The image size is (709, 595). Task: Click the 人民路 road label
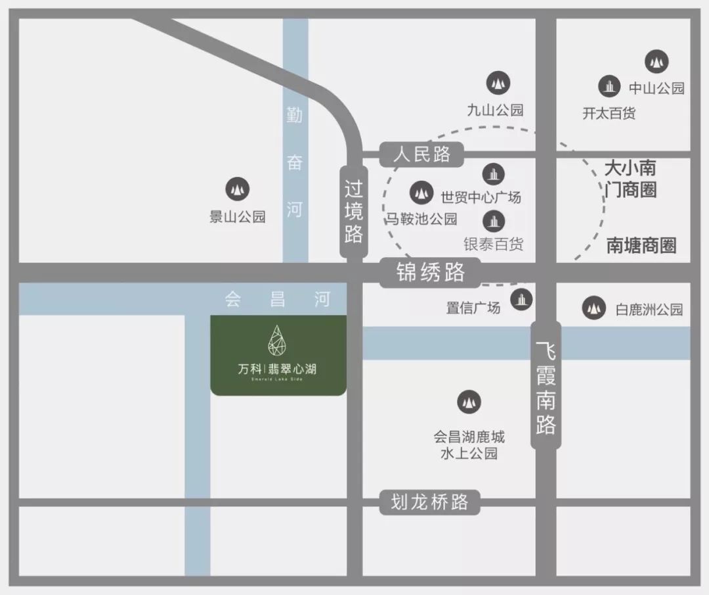[422, 155]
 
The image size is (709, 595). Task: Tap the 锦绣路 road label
[430, 272]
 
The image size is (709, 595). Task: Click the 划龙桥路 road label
[430, 503]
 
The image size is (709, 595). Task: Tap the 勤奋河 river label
[295, 162]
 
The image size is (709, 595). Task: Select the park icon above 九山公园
[498, 82]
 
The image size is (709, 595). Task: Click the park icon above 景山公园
[237, 189]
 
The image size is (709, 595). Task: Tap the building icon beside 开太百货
[610, 86]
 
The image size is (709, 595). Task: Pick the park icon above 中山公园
[656, 62]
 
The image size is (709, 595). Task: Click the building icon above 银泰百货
[494, 221]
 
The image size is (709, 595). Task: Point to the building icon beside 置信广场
[522, 299]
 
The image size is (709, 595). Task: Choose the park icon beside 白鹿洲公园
[594, 307]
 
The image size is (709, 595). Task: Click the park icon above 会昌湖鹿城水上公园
[469, 401]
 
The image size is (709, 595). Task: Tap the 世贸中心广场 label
[481, 197]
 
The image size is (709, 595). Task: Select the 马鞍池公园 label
[421, 219]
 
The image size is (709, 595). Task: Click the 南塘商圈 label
[641, 246]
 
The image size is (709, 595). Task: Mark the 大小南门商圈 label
[630, 178]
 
